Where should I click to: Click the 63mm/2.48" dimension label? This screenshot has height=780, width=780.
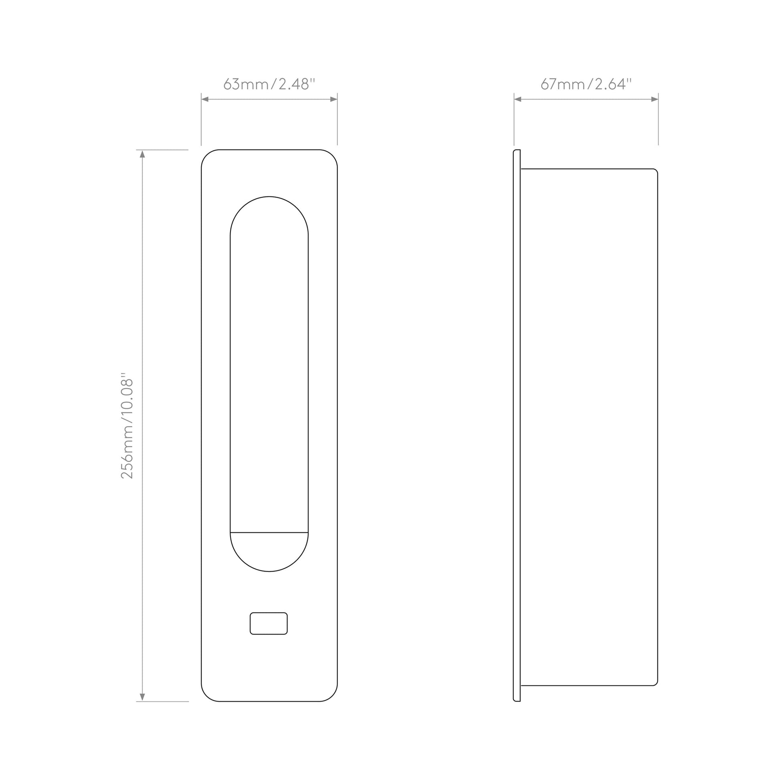(269, 84)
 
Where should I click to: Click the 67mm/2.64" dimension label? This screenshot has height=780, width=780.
(586, 84)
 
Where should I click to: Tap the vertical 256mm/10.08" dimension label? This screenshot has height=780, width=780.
(127, 426)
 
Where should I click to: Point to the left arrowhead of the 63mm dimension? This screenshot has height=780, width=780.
(205, 99)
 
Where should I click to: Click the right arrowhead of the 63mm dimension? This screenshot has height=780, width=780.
(334, 99)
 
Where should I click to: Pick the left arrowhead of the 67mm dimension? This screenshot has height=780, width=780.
(517, 99)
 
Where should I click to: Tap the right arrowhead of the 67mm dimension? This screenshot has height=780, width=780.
(655, 99)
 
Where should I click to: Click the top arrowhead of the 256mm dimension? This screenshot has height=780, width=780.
(142, 154)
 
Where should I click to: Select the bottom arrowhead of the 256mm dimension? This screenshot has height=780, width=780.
(142, 697)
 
